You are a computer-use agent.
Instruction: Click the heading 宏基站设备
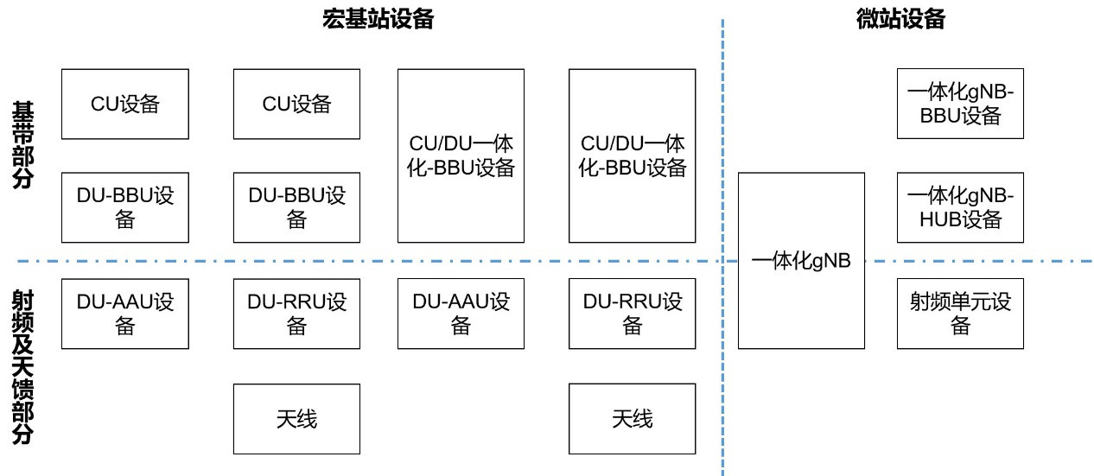(x=378, y=20)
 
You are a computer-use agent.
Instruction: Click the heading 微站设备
(x=894, y=20)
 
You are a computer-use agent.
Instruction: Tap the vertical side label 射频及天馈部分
(x=22, y=366)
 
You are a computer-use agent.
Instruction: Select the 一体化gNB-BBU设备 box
(x=960, y=104)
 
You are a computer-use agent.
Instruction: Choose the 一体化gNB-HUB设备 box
(x=960, y=207)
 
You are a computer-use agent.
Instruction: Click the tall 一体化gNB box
(x=801, y=261)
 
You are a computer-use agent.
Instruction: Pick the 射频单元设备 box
(x=960, y=314)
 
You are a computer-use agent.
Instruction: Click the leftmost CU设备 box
(x=125, y=104)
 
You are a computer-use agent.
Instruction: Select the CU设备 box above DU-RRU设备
(x=296, y=104)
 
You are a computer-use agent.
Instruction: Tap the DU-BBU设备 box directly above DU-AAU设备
(x=125, y=207)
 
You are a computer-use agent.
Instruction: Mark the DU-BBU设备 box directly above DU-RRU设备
(x=296, y=207)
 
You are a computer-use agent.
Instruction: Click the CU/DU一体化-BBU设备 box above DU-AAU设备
(x=461, y=155)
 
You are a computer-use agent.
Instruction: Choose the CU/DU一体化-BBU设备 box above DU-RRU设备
(x=632, y=155)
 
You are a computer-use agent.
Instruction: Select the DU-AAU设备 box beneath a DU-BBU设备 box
(x=125, y=314)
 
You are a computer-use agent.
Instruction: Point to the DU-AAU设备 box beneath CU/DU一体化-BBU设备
(x=461, y=314)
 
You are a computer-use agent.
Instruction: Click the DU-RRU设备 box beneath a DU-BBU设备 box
(x=296, y=314)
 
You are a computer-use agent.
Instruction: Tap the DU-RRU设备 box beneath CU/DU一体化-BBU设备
(x=632, y=314)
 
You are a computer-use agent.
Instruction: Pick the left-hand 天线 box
(x=296, y=419)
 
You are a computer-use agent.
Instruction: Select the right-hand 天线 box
(x=632, y=419)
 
